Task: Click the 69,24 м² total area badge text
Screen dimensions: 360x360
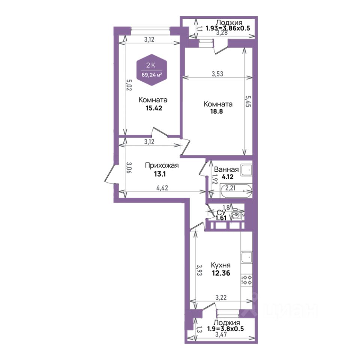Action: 152,75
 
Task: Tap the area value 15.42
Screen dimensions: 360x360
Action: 154,108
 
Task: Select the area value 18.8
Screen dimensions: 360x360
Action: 216,112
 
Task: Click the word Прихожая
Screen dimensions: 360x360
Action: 162,165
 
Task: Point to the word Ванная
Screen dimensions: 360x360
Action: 226,169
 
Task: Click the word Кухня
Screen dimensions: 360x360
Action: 220,265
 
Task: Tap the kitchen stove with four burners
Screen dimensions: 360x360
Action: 247,280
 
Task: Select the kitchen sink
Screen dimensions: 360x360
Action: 247,258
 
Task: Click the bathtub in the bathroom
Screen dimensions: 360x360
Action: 236,191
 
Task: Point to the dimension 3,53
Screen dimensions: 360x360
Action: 217,74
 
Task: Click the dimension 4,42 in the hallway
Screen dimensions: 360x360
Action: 162,188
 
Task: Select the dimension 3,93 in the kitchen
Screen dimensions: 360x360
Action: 199,270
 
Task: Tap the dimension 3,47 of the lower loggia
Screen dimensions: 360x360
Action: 220,334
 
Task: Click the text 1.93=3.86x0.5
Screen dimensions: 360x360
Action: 228,28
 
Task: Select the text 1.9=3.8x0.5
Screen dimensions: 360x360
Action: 225,328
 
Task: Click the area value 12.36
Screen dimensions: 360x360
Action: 220,273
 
